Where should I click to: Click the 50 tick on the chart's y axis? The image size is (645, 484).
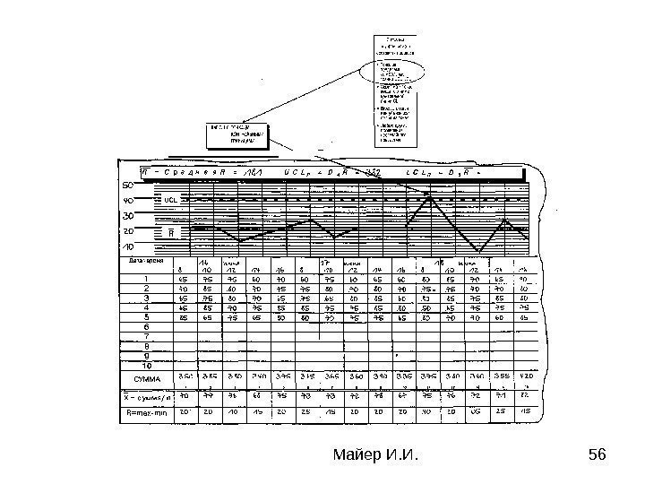[x=128, y=186]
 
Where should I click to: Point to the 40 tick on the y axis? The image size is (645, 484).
[x=128, y=201]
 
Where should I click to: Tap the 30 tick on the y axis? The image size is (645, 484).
[x=128, y=216]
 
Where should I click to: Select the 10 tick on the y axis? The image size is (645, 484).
[x=128, y=246]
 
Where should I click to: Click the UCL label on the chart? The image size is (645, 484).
[x=171, y=201]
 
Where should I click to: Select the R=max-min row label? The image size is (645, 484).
[x=147, y=413]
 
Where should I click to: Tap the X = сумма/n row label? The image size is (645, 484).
[x=147, y=395]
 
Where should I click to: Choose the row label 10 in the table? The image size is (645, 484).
[x=146, y=365]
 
